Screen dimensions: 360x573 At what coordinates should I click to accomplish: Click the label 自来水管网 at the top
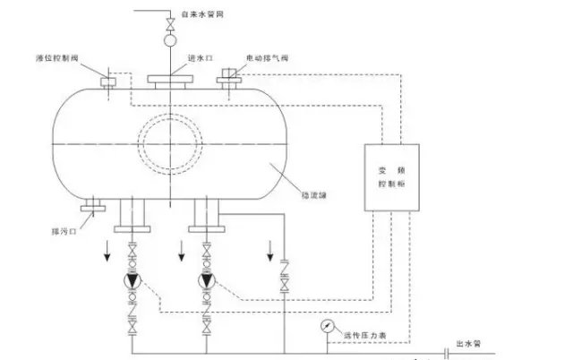(201, 15)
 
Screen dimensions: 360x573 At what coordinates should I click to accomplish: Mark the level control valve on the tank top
(108, 81)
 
